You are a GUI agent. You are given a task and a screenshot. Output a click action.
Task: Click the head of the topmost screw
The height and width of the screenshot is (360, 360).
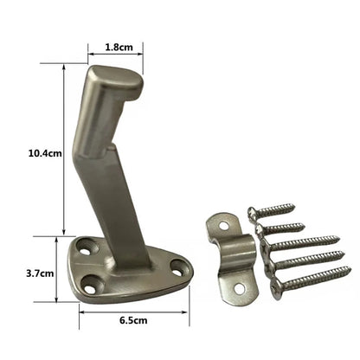tap(252, 211)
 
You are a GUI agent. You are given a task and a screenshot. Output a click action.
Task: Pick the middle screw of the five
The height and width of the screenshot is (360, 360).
tap(303, 245)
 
